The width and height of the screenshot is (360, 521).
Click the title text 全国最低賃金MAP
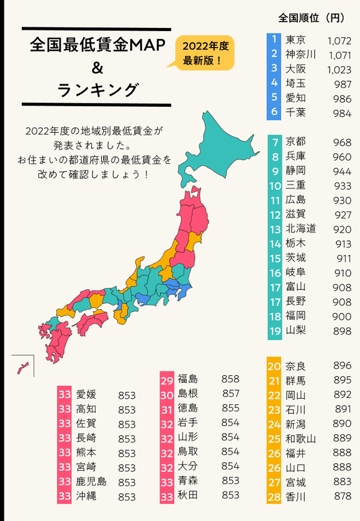click(x=96, y=46)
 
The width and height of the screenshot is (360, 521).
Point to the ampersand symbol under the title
click(x=96, y=68)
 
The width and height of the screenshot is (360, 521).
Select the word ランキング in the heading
click(x=96, y=90)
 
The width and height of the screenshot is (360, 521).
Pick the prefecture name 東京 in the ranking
click(x=295, y=40)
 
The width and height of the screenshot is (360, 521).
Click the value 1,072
click(x=338, y=40)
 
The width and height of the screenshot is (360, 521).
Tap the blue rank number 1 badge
click(x=274, y=40)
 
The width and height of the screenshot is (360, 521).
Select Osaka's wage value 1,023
click(x=338, y=69)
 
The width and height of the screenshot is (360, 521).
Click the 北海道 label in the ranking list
click(x=301, y=229)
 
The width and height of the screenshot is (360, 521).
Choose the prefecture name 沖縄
click(x=86, y=496)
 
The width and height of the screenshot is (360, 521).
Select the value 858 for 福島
click(x=230, y=378)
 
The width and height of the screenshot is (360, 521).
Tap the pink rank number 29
click(x=167, y=380)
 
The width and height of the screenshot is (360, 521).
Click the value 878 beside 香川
click(x=341, y=497)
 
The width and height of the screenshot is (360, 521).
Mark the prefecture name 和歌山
click(x=301, y=439)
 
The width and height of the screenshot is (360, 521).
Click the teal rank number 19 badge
click(x=274, y=331)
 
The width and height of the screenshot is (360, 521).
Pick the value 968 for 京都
click(x=342, y=142)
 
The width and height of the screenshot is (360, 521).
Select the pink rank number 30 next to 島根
click(x=167, y=394)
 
